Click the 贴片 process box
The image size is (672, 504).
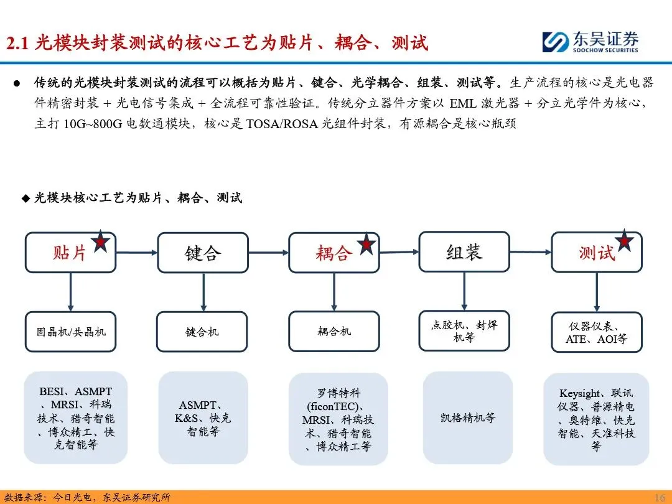pos(70,253)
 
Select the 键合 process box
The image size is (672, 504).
pos(202,253)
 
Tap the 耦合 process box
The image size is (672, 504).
pos(334,253)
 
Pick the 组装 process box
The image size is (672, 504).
pos(464,252)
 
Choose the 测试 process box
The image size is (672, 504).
pos(596,253)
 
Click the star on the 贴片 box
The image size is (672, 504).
pos(100,241)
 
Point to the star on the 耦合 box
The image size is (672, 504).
pos(366,243)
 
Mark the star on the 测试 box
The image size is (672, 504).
pos(624,240)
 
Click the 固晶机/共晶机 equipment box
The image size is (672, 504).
pos(70,331)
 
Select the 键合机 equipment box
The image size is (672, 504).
pos(202,332)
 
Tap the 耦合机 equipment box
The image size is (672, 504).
pos(334,331)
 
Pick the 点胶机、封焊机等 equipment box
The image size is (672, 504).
pos(464,330)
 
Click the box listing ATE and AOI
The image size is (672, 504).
pos(596,332)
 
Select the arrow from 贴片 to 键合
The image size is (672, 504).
pos(136,252)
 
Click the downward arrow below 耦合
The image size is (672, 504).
pos(334,292)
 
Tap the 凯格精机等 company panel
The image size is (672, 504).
pos(467,418)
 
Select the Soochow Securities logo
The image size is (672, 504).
pos(590,42)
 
